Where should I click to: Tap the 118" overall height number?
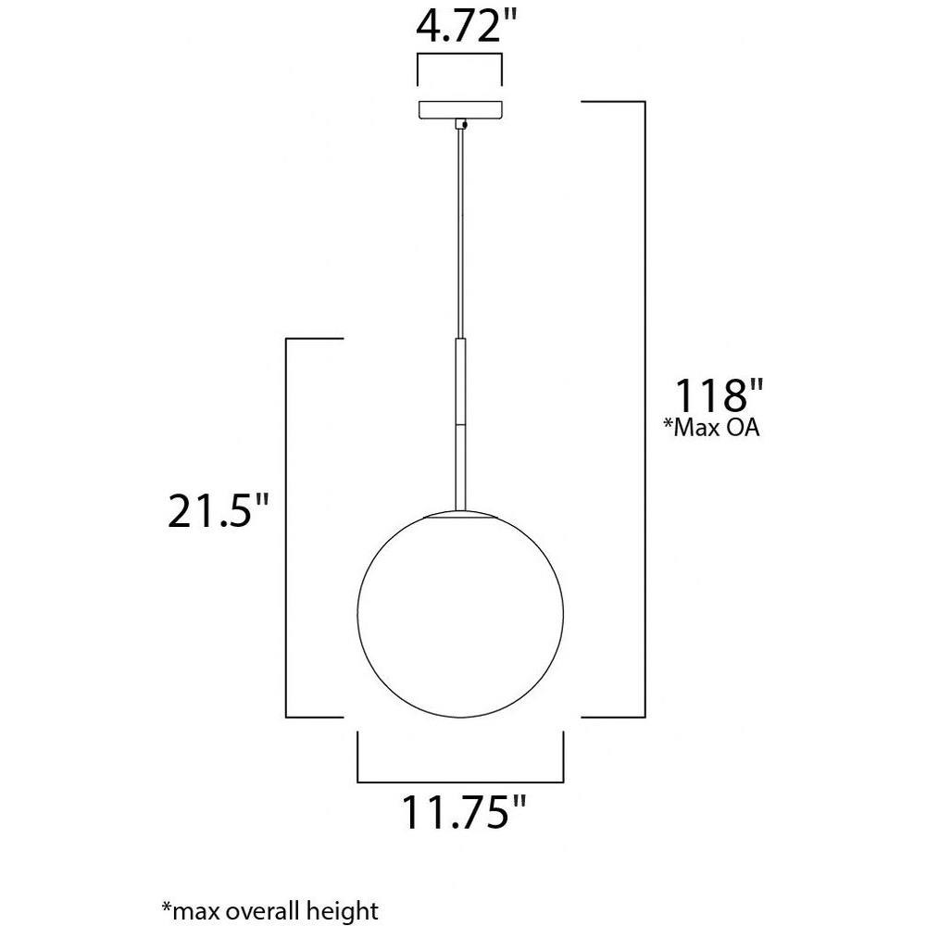point(719,395)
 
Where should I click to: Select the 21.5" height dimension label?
point(218,510)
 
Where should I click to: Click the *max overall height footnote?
point(269,909)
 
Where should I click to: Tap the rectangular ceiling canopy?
point(460,110)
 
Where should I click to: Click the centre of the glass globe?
point(460,614)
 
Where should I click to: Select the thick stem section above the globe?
point(460,424)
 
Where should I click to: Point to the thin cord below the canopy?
point(460,234)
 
